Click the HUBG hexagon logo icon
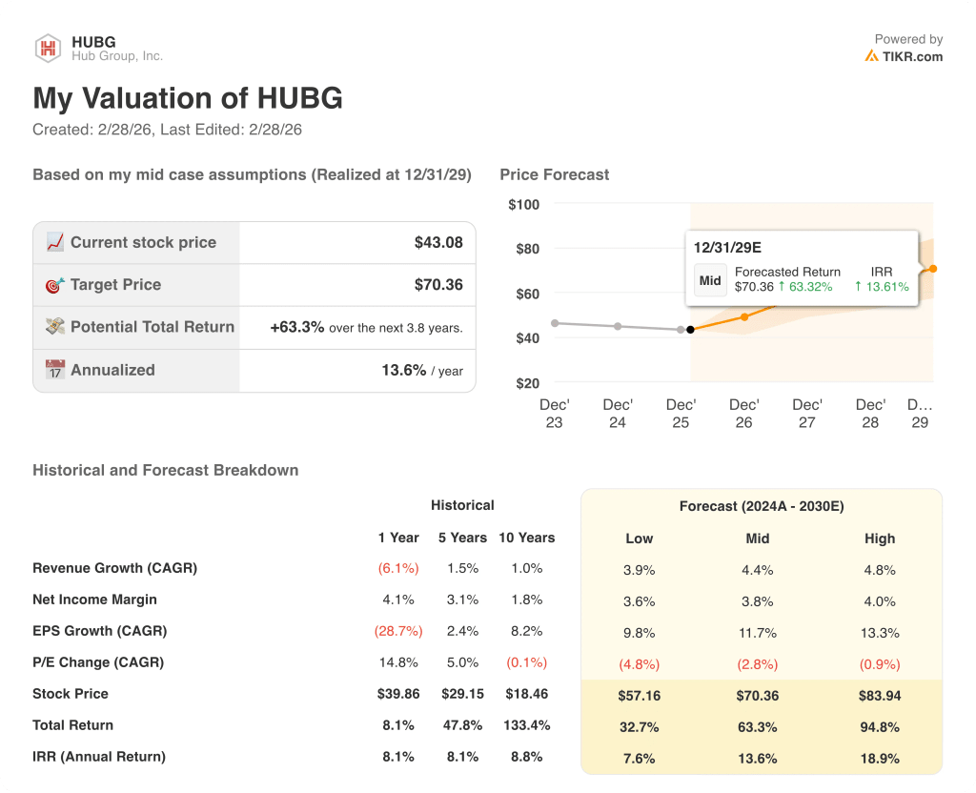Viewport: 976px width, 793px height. (x=48, y=49)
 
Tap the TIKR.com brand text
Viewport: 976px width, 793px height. (x=912, y=56)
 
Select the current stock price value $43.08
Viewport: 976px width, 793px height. (x=438, y=242)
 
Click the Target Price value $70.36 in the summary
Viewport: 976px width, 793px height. (x=438, y=284)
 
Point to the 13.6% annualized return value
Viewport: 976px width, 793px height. (x=403, y=370)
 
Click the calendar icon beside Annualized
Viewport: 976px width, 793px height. (x=55, y=370)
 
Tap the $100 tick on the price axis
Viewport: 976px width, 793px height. (x=524, y=204)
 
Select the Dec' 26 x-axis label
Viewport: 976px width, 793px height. (x=743, y=413)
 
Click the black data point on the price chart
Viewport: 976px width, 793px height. (x=690, y=330)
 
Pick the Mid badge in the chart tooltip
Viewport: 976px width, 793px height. (x=710, y=280)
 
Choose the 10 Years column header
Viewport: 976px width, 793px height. (x=526, y=538)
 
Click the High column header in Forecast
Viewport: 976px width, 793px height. (x=880, y=539)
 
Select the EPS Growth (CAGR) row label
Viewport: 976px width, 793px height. (x=99, y=631)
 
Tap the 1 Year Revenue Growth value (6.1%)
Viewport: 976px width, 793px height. (x=398, y=568)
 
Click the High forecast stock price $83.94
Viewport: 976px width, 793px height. (x=880, y=696)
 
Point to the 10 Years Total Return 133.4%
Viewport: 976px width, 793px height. (x=526, y=725)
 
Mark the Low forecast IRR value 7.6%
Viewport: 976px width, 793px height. (x=639, y=758)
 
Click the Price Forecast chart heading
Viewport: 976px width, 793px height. (x=554, y=174)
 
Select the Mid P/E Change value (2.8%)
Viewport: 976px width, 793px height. (x=758, y=664)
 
